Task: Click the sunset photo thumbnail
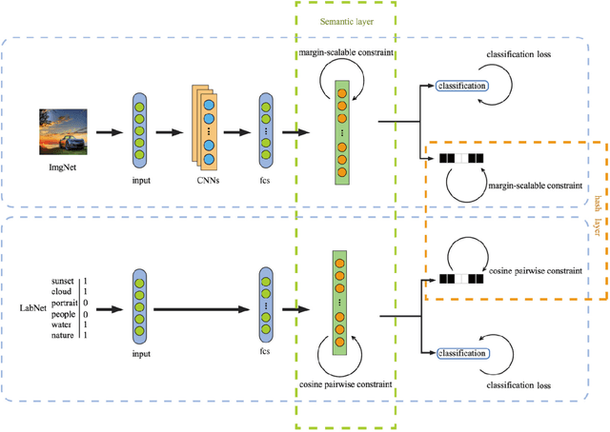click(x=57, y=130)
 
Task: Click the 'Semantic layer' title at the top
click(x=344, y=18)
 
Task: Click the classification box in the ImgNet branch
click(x=459, y=87)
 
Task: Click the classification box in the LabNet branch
click(x=459, y=354)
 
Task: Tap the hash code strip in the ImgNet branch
click(x=460, y=158)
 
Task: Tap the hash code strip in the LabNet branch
click(x=460, y=280)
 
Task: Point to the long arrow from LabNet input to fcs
click(x=199, y=307)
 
